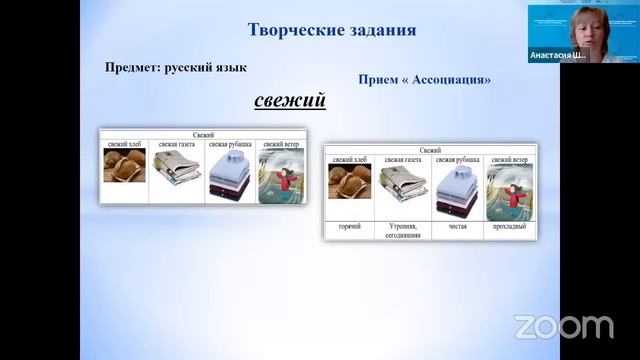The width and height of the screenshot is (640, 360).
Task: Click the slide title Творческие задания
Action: [x=331, y=29]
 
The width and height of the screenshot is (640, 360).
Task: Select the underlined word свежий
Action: [x=289, y=101]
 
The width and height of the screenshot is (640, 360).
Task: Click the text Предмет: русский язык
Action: [x=176, y=67]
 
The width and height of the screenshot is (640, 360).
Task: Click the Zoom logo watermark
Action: [x=563, y=326]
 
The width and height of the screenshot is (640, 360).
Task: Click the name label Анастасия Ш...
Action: [x=558, y=57]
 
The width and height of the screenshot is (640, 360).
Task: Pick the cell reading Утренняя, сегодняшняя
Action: [x=403, y=230]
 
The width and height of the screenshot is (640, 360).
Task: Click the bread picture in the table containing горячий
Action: [x=350, y=182]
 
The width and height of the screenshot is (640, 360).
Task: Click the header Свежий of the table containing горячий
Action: [x=430, y=148]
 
